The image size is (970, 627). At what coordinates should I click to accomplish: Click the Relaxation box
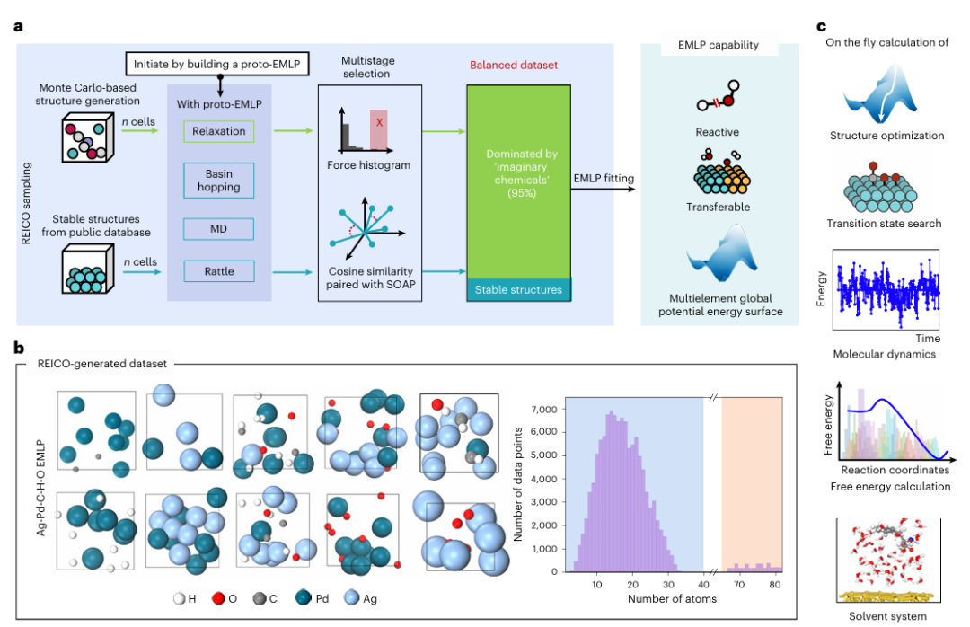[219, 132]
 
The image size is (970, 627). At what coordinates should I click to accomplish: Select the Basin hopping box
[218, 180]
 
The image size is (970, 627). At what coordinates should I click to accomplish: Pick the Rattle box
[218, 269]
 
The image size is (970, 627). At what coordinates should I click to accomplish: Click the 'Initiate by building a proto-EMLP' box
[219, 64]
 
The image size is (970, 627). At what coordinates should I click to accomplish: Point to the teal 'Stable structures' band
[519, 290]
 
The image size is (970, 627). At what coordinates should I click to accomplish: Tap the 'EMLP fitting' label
[604, 179]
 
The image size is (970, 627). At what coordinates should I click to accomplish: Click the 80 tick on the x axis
[772, 584]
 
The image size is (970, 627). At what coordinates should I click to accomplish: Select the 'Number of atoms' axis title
[663, 598]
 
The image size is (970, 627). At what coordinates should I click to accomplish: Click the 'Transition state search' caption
[885, 224]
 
